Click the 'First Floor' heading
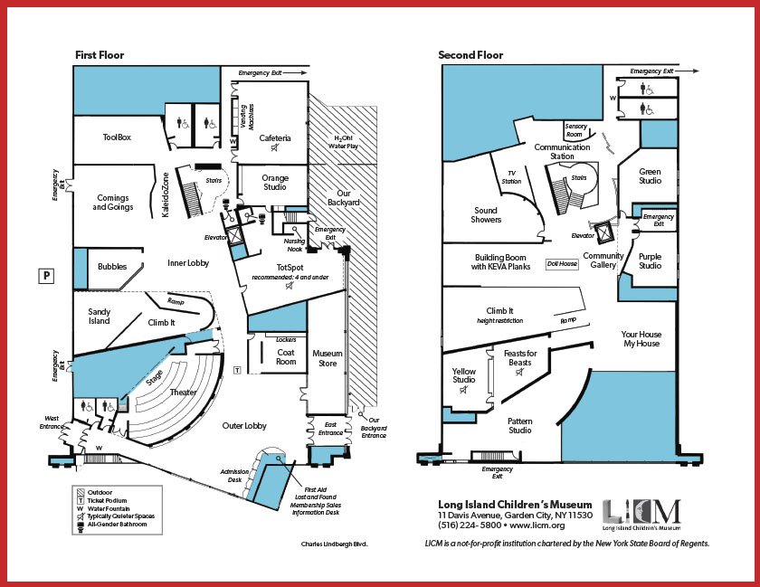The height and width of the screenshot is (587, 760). point(100,55)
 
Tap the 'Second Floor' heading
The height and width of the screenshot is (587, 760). point(470,55)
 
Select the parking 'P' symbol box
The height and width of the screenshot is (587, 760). point(46,276)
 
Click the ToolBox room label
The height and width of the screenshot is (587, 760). point(117,137)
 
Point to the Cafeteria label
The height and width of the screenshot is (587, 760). point(275,138)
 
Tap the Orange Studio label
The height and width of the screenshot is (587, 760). point(275,183)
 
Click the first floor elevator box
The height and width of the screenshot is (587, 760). point(234,236)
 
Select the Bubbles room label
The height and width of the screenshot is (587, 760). point(112,267)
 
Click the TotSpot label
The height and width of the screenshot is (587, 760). point(290,268)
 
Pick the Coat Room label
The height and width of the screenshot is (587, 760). point(286,356)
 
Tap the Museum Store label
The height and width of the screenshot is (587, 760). point(328,358)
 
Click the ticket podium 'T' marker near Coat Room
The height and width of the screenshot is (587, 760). point(237,370)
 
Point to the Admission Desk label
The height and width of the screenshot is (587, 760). point(234,476)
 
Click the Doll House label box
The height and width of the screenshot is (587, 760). point(562,264)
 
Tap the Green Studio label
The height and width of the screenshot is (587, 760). point(650,176)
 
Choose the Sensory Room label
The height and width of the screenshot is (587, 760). point(575,130)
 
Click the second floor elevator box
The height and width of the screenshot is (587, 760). point(604,233)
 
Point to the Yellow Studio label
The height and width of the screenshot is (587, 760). point(464,375)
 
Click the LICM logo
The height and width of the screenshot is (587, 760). point(641,515)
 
